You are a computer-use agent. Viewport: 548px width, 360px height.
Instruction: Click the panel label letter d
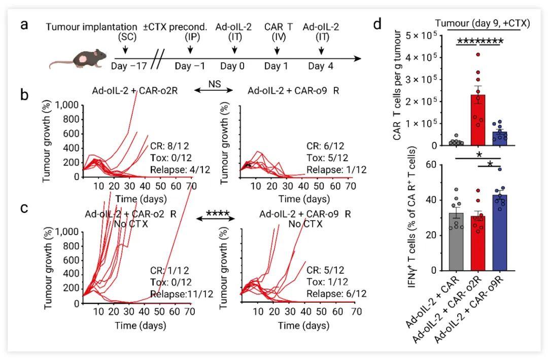click(x=378, y=24)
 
